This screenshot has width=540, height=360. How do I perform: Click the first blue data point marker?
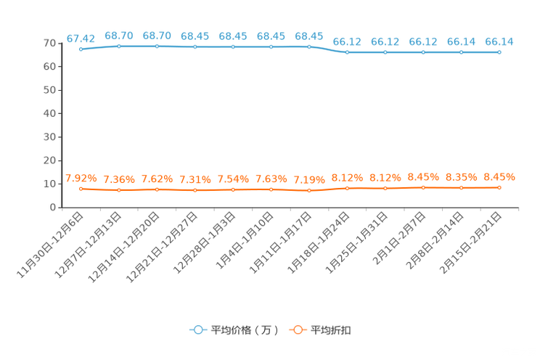81,49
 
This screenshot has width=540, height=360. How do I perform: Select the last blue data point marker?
499,52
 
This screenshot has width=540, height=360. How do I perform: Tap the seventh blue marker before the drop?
309,47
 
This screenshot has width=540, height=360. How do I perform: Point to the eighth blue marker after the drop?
347,52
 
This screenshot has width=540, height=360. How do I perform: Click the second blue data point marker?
119,46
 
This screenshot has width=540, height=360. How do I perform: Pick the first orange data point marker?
81,189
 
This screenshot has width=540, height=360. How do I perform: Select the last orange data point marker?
499,187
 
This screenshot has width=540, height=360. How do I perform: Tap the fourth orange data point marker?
195,190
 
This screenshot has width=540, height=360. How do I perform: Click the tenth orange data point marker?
423,187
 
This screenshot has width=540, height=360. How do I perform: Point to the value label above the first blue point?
81,38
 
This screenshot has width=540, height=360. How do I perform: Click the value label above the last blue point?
499,41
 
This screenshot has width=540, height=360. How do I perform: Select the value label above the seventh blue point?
309,36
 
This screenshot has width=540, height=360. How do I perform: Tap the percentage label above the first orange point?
81,178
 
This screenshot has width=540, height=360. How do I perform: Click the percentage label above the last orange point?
499,176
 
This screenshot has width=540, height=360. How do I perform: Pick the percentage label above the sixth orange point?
271,179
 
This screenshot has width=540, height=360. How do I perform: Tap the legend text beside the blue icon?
245,330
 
